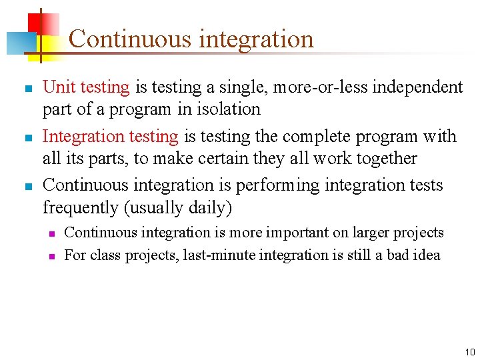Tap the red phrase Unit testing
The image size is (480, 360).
(x=86, y=87)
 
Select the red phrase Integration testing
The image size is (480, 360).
(x=110, y=137)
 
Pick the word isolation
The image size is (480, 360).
(x=227, y=109)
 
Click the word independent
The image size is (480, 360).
(x=418, y=87)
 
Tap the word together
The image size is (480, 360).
(x=383, y=159)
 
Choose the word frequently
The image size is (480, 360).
(x=80, y=208)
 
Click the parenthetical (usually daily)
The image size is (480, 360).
(x=178, y=208)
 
